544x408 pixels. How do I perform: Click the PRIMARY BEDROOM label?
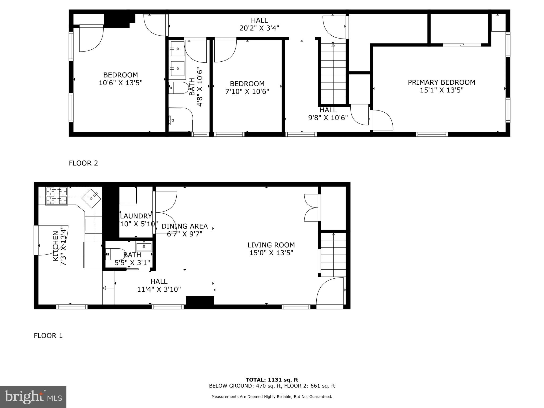[x=441, y=82]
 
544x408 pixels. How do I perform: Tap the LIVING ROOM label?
[x=271, y=245]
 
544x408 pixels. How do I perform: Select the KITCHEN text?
[x=56, y=246]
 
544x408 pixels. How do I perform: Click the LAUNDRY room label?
[x=136, y=216]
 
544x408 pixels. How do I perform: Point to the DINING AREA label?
[x=185, y=226]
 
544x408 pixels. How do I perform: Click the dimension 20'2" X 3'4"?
[x=259, y=28]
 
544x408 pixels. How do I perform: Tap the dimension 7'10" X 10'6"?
[x=247, y=92]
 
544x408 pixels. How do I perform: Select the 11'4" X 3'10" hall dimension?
[x=159, y=289]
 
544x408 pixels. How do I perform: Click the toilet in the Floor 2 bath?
[x=178, y=88]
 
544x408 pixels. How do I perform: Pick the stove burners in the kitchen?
[x=57, y=196]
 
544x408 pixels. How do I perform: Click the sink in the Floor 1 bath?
[x=144, y=247]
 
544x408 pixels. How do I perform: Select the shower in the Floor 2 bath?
[x=180, y=120]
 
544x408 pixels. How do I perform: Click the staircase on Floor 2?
[x=333, y=74]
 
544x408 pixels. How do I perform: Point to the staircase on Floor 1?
[x=333, y=255]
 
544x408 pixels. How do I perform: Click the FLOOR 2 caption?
[x=83, y=163]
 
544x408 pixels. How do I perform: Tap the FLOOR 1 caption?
[x=48, y=336]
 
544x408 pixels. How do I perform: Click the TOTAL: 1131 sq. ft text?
[x=272, y=380]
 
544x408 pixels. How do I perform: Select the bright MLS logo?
[x=33, y=397]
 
